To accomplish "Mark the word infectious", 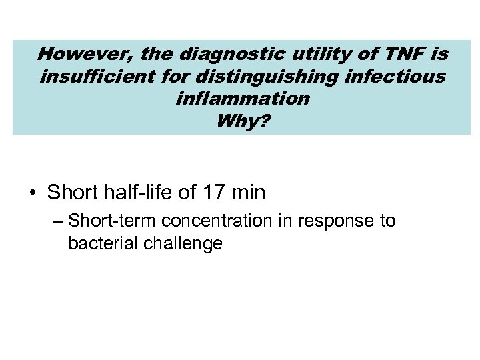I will click(393, 76).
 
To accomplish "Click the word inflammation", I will click(242, 99).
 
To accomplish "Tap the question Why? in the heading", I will click(241, 121).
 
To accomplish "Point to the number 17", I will click(214, 193).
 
